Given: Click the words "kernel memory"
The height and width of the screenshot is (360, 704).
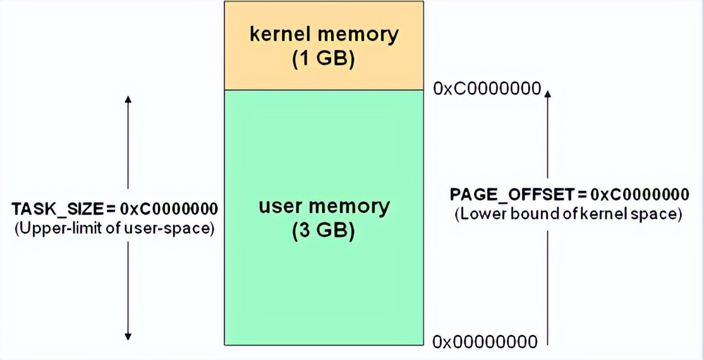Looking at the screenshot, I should coord(324,34).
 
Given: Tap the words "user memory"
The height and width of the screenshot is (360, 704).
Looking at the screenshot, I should coord(324,207).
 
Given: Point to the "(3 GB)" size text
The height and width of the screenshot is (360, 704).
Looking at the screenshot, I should coord(324,231).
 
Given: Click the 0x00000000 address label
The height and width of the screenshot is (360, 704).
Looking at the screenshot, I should coord(485,342).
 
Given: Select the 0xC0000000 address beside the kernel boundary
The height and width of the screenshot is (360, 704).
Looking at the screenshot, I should coord(487,88).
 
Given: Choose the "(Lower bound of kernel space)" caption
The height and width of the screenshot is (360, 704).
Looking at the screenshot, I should coord(568,214).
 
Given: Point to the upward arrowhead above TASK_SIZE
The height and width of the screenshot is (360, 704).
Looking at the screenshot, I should coord(128,100).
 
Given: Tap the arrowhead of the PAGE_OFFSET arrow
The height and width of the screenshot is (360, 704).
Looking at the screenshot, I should coord(548,93).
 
